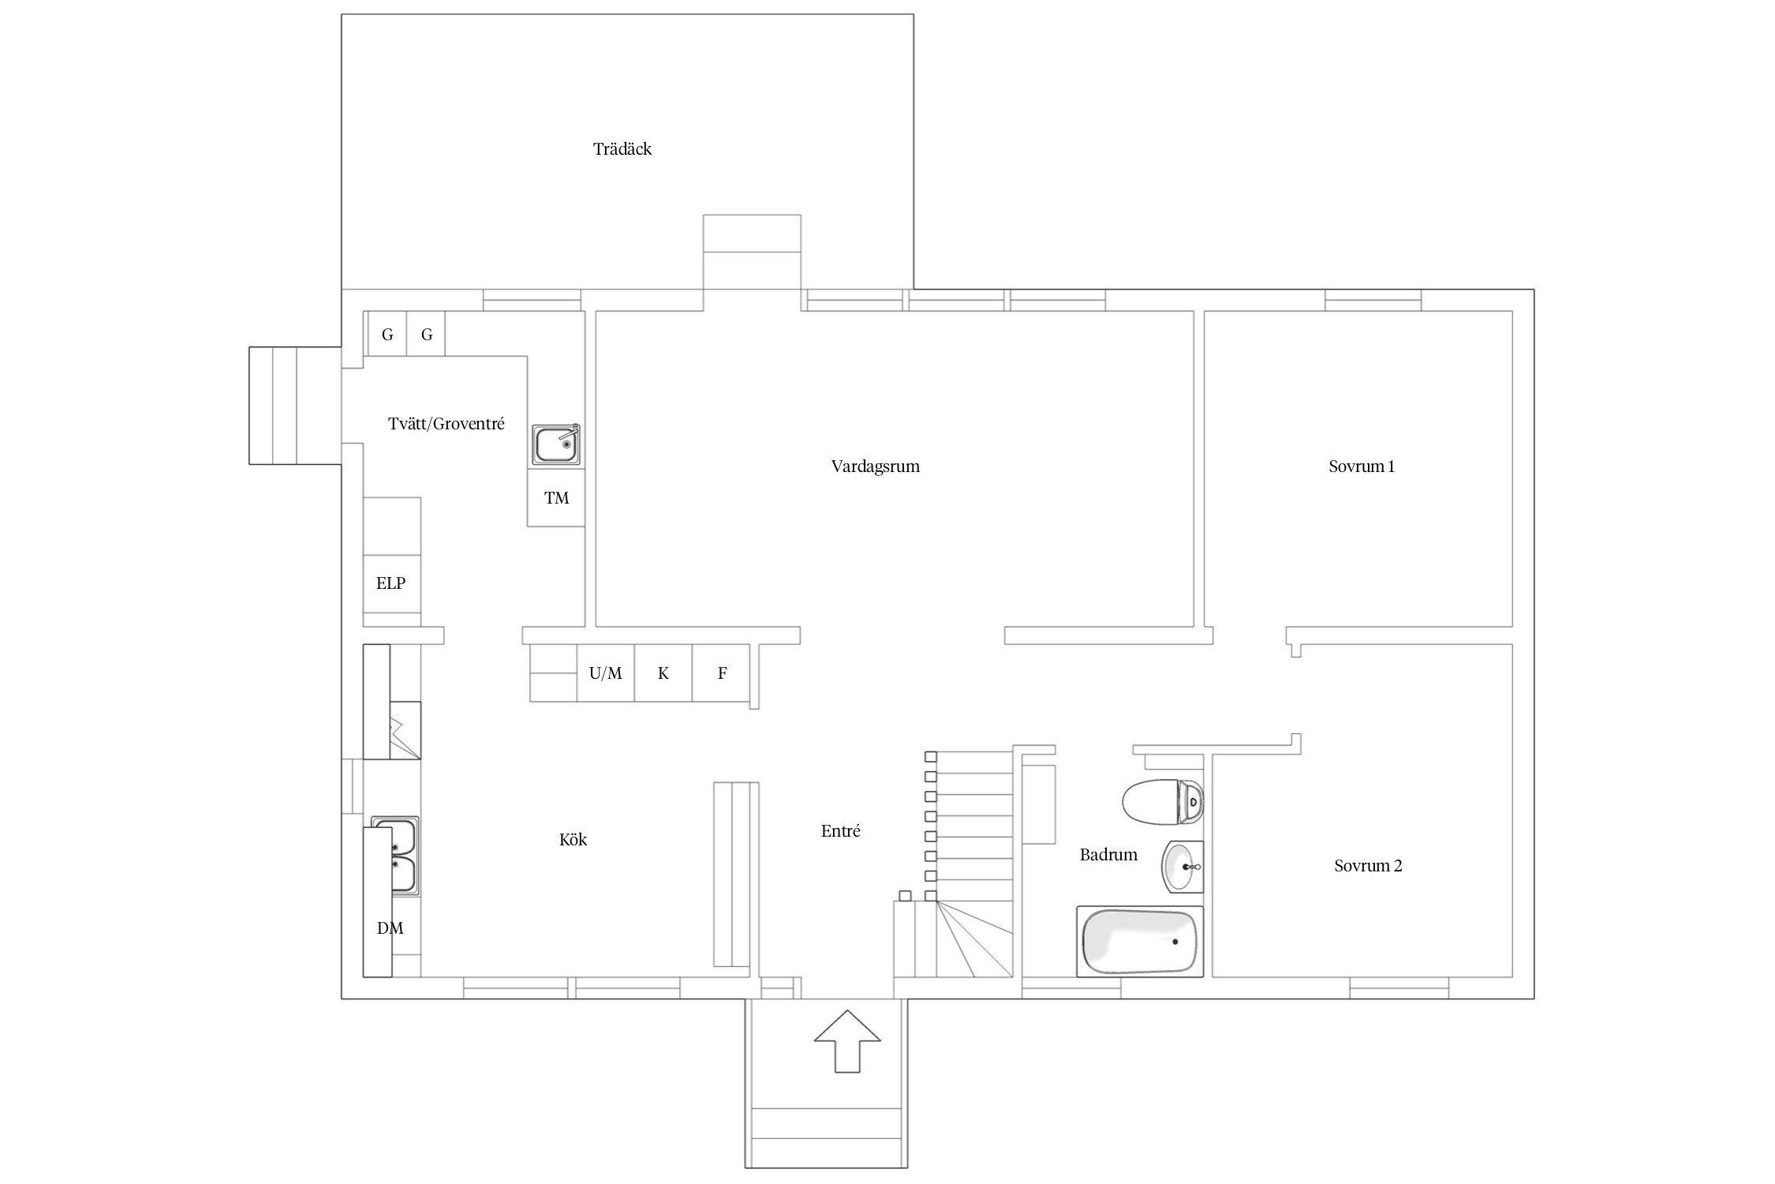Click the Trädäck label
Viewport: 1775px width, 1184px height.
click(622, 149)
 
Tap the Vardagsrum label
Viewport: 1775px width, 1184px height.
click(876, 466)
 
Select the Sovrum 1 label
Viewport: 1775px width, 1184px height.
click(1362, 466)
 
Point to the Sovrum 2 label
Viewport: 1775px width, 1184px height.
click(1368, 866)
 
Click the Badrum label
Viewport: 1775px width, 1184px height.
click(1108, 854)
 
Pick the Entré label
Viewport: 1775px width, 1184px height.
click(841, 830)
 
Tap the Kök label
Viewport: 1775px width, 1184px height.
click(574, 840)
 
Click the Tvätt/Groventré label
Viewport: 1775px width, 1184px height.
click(447, 424)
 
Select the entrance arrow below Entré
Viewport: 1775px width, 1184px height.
click(847, 1041)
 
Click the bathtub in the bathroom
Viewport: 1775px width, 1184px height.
click(1140, 942)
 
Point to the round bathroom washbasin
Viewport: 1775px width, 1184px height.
click(1183, 866)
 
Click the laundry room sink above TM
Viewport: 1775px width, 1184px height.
click(557, 444)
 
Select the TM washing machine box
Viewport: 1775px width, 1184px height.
click(556, 498)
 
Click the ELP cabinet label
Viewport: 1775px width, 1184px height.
click(391, 583)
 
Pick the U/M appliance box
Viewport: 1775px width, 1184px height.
click(606, 673)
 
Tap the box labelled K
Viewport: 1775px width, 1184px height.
click(663, 673)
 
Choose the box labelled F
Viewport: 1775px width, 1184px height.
click(721, 673)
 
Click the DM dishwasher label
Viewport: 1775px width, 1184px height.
click(390, 928)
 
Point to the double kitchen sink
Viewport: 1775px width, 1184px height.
click(397, 856)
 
